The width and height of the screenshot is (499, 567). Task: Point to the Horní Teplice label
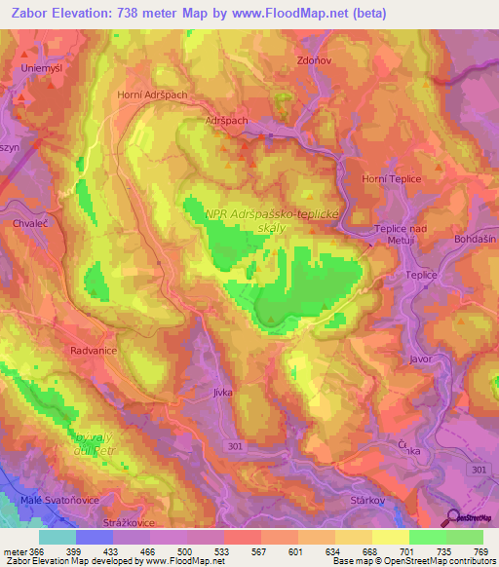(390, 179)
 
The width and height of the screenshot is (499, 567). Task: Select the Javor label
(421, 359)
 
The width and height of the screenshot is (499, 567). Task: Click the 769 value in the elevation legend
(481, 550)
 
